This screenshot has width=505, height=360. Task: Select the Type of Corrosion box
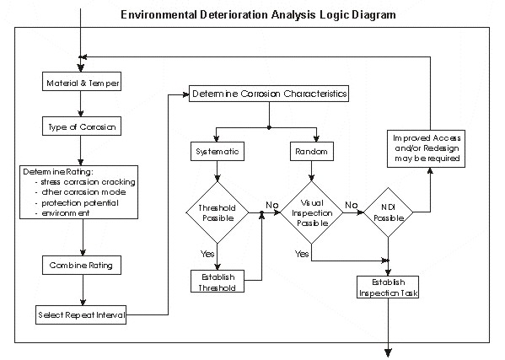[82, 126]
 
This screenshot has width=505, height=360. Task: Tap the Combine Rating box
[82, 266]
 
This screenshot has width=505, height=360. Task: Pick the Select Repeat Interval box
[81, 315]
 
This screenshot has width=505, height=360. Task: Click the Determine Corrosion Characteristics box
[269, 94]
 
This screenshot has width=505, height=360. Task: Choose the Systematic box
[218, 152]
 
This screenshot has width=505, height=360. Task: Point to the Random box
[311, 152]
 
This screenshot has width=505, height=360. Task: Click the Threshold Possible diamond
[218, 212]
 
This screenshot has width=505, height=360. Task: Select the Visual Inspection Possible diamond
[312, 212]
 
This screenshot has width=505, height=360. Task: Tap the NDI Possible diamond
[389, 212]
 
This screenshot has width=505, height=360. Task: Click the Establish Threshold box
[218, 282]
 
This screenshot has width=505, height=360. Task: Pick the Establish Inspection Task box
[388, 287]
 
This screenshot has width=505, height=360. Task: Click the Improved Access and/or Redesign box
[426, 148]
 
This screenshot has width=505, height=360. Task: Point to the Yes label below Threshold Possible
[207, 254]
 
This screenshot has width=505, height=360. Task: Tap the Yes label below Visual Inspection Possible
[302, 254]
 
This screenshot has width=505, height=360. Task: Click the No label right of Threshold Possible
[272, 205]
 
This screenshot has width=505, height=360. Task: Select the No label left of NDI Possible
[352, 205]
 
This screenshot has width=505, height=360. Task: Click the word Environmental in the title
[158, 15]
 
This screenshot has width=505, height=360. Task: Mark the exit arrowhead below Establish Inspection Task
[389, 352]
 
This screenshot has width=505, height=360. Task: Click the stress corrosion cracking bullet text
[88, 182]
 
